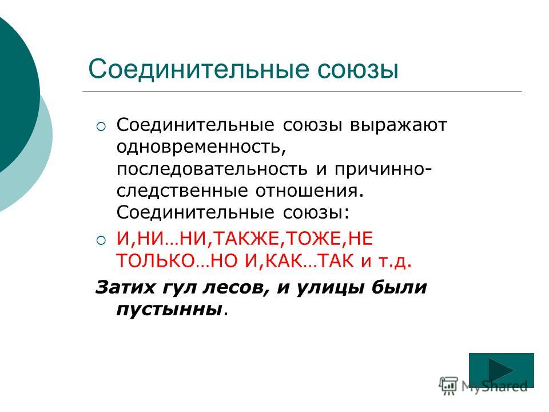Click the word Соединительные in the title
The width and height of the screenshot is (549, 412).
point(199,69)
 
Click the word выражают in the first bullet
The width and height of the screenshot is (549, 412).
point(399,125)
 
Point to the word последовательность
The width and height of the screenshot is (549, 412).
point(212,169)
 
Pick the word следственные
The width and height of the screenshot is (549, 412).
point(182,191)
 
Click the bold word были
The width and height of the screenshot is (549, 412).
point(399,288)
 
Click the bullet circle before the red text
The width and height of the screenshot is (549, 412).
point(101,240)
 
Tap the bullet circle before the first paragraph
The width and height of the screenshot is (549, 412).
point(101,126)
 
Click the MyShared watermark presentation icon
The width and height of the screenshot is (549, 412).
point(448,386)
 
